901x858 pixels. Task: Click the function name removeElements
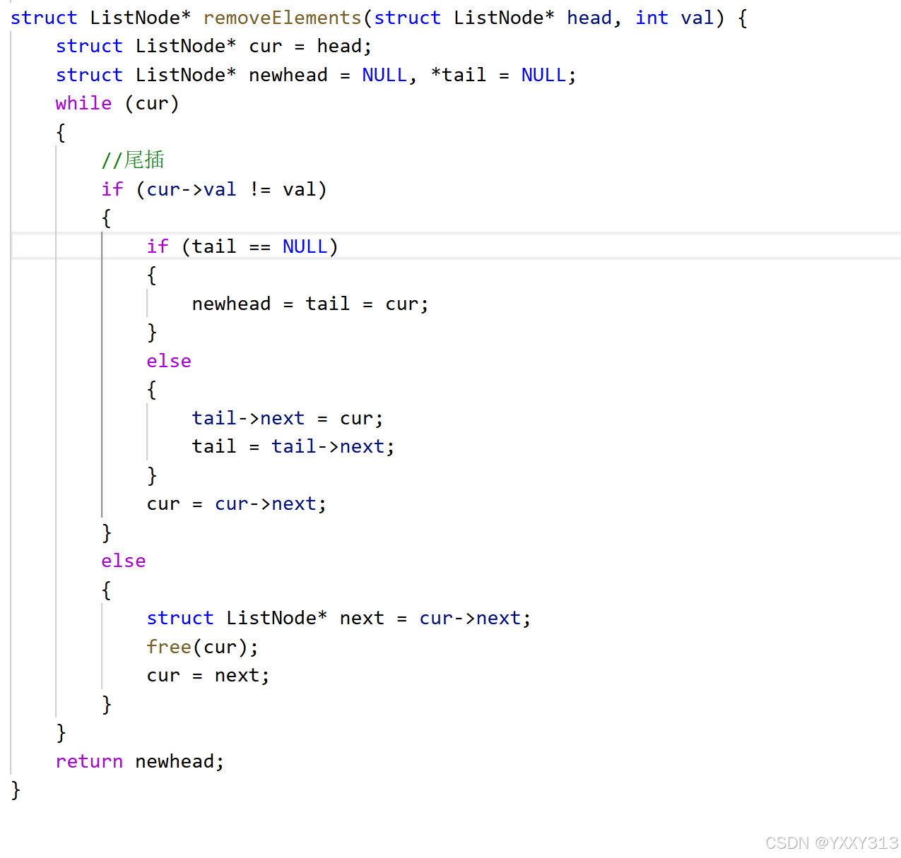(x=283, y=18)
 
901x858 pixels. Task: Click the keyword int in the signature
(x=652, y=18)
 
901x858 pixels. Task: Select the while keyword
(x=83, y=103)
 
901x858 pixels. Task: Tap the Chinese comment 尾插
(x=144, y=160)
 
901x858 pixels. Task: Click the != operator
(x=260, y=189)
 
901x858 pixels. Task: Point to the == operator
(x=260, y=246)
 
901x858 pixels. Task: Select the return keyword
(x=89, y=761)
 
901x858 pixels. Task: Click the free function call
(x=169, y=647)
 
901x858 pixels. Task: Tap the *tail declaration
(x=459, y=75)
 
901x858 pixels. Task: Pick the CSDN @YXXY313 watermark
(x=832, y=842)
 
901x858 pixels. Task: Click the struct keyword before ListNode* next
(x=179, y=618)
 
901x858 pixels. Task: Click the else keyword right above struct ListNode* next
(x=124, y=561)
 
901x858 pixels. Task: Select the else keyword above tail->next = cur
(x=169, y=361)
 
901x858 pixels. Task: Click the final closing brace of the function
(x=16, y=790)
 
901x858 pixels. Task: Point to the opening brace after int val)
(x=743, y=18)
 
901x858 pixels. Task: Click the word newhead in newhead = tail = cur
(x=231, y=304)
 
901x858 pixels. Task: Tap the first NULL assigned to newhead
(x=384, y=75)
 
